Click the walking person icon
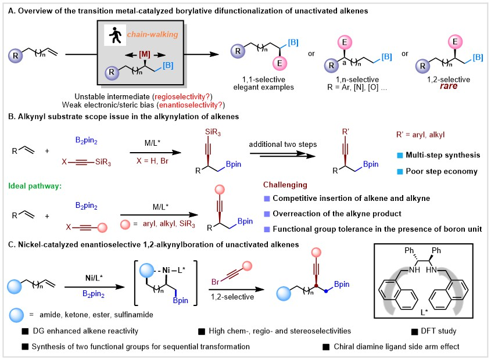[x=110, y=34]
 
